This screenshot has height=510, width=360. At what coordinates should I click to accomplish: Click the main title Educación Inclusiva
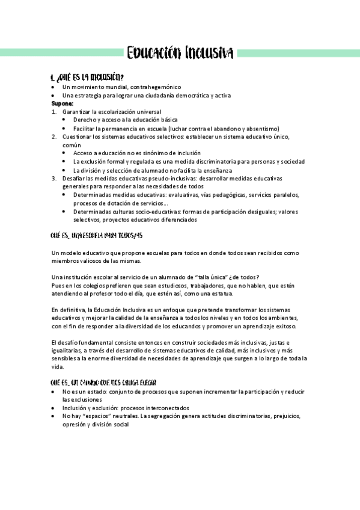tap(180, 53)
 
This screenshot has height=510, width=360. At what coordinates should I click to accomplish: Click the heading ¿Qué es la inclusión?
tap(88, 77)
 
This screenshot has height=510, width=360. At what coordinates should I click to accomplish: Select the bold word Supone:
tap(63, 103)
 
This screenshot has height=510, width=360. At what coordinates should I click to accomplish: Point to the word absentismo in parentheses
tap(259, 128)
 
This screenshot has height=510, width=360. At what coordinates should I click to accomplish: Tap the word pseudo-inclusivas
tap(154, 179)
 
